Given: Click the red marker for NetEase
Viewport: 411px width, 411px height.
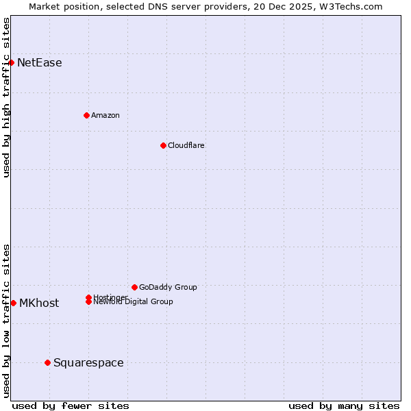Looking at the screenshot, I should point(12,63).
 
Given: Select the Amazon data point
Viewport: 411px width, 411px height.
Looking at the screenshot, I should point(87,115).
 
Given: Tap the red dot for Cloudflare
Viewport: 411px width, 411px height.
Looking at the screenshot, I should point(163,145).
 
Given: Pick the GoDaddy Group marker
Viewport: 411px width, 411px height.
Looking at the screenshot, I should point(134,287).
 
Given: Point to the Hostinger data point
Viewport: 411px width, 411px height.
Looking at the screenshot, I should point(89,297).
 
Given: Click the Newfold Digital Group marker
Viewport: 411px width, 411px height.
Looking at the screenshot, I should point(89,302).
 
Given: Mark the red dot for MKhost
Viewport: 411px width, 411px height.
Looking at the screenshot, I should point(14,303).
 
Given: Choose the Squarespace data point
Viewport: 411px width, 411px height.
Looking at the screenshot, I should point(47,362).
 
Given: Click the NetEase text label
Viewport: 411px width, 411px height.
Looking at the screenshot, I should point(40,63).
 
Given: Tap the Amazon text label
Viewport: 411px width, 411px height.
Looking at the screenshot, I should point(105,115).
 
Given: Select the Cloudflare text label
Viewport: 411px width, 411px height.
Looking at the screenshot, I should point(186,145).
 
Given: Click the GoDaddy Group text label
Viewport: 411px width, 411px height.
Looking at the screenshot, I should point(168,287).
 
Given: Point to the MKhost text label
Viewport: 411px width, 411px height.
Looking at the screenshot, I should point(39,303).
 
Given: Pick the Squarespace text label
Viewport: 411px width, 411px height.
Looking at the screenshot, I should point(88,363).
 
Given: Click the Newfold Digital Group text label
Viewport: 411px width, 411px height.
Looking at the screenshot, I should point(134,302).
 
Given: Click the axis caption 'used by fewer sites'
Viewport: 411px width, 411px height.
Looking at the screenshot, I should point(71,406).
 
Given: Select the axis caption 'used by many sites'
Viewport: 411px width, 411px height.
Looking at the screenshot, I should point(344,406).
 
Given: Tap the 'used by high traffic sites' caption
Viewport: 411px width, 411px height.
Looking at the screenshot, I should point(6,97).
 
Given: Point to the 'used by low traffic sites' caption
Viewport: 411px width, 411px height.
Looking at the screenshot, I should point(6,321).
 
